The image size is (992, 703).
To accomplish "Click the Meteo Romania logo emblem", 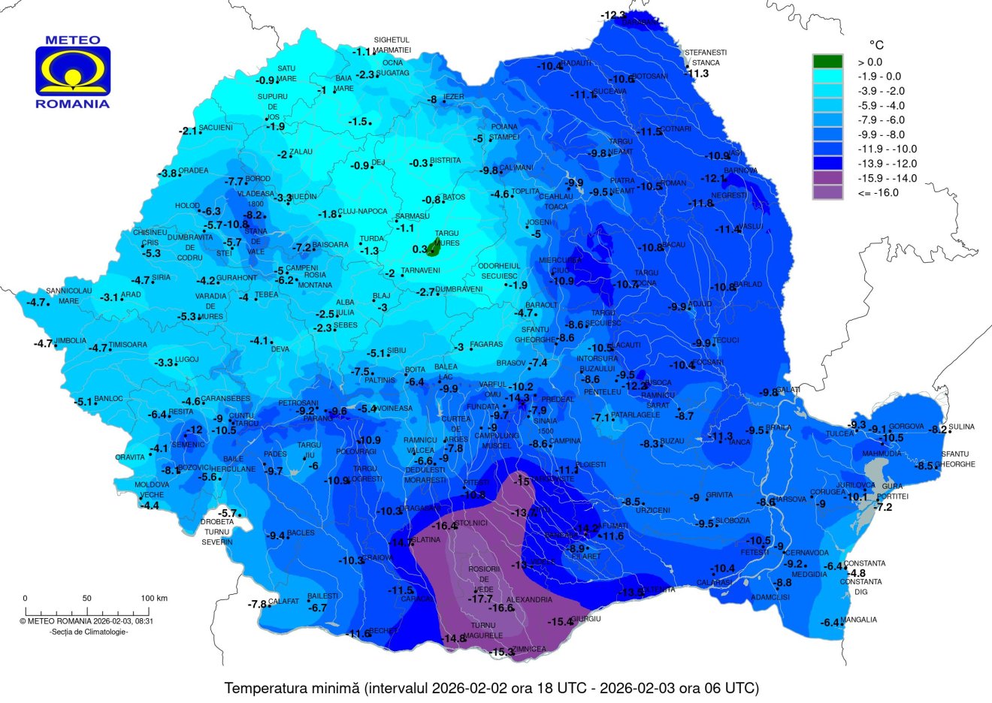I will (x=73, y=72).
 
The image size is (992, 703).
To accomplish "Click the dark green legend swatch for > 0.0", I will (x=827, y=62).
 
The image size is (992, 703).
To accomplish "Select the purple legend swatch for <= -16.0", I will (x=827, y=192).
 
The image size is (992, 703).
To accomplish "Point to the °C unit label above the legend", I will (x=876, y=45).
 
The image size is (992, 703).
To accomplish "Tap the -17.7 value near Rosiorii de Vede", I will (x=480, y=599).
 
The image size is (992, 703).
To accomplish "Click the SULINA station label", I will (x=961, y=427).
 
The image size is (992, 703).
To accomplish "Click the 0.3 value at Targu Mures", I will (x=419, y=249).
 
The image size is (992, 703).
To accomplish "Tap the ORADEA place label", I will (x=193, y=170).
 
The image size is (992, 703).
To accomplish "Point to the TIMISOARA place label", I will (x=129, y=345).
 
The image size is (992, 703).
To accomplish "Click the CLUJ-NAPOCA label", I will (x=362, y=212).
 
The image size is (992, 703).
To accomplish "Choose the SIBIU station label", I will (x=397, y=351).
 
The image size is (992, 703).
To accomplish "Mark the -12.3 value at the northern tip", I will (x=612, y=15).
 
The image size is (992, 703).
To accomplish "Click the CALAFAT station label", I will (x=284, y=602).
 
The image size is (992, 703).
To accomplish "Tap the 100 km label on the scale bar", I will (x=154, y=599).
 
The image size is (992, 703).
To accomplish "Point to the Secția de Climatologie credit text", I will (x=88, y=632).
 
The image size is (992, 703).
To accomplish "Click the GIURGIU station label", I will (x=586, y=619).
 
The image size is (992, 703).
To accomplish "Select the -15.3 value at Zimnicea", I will (x=501, y=653).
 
